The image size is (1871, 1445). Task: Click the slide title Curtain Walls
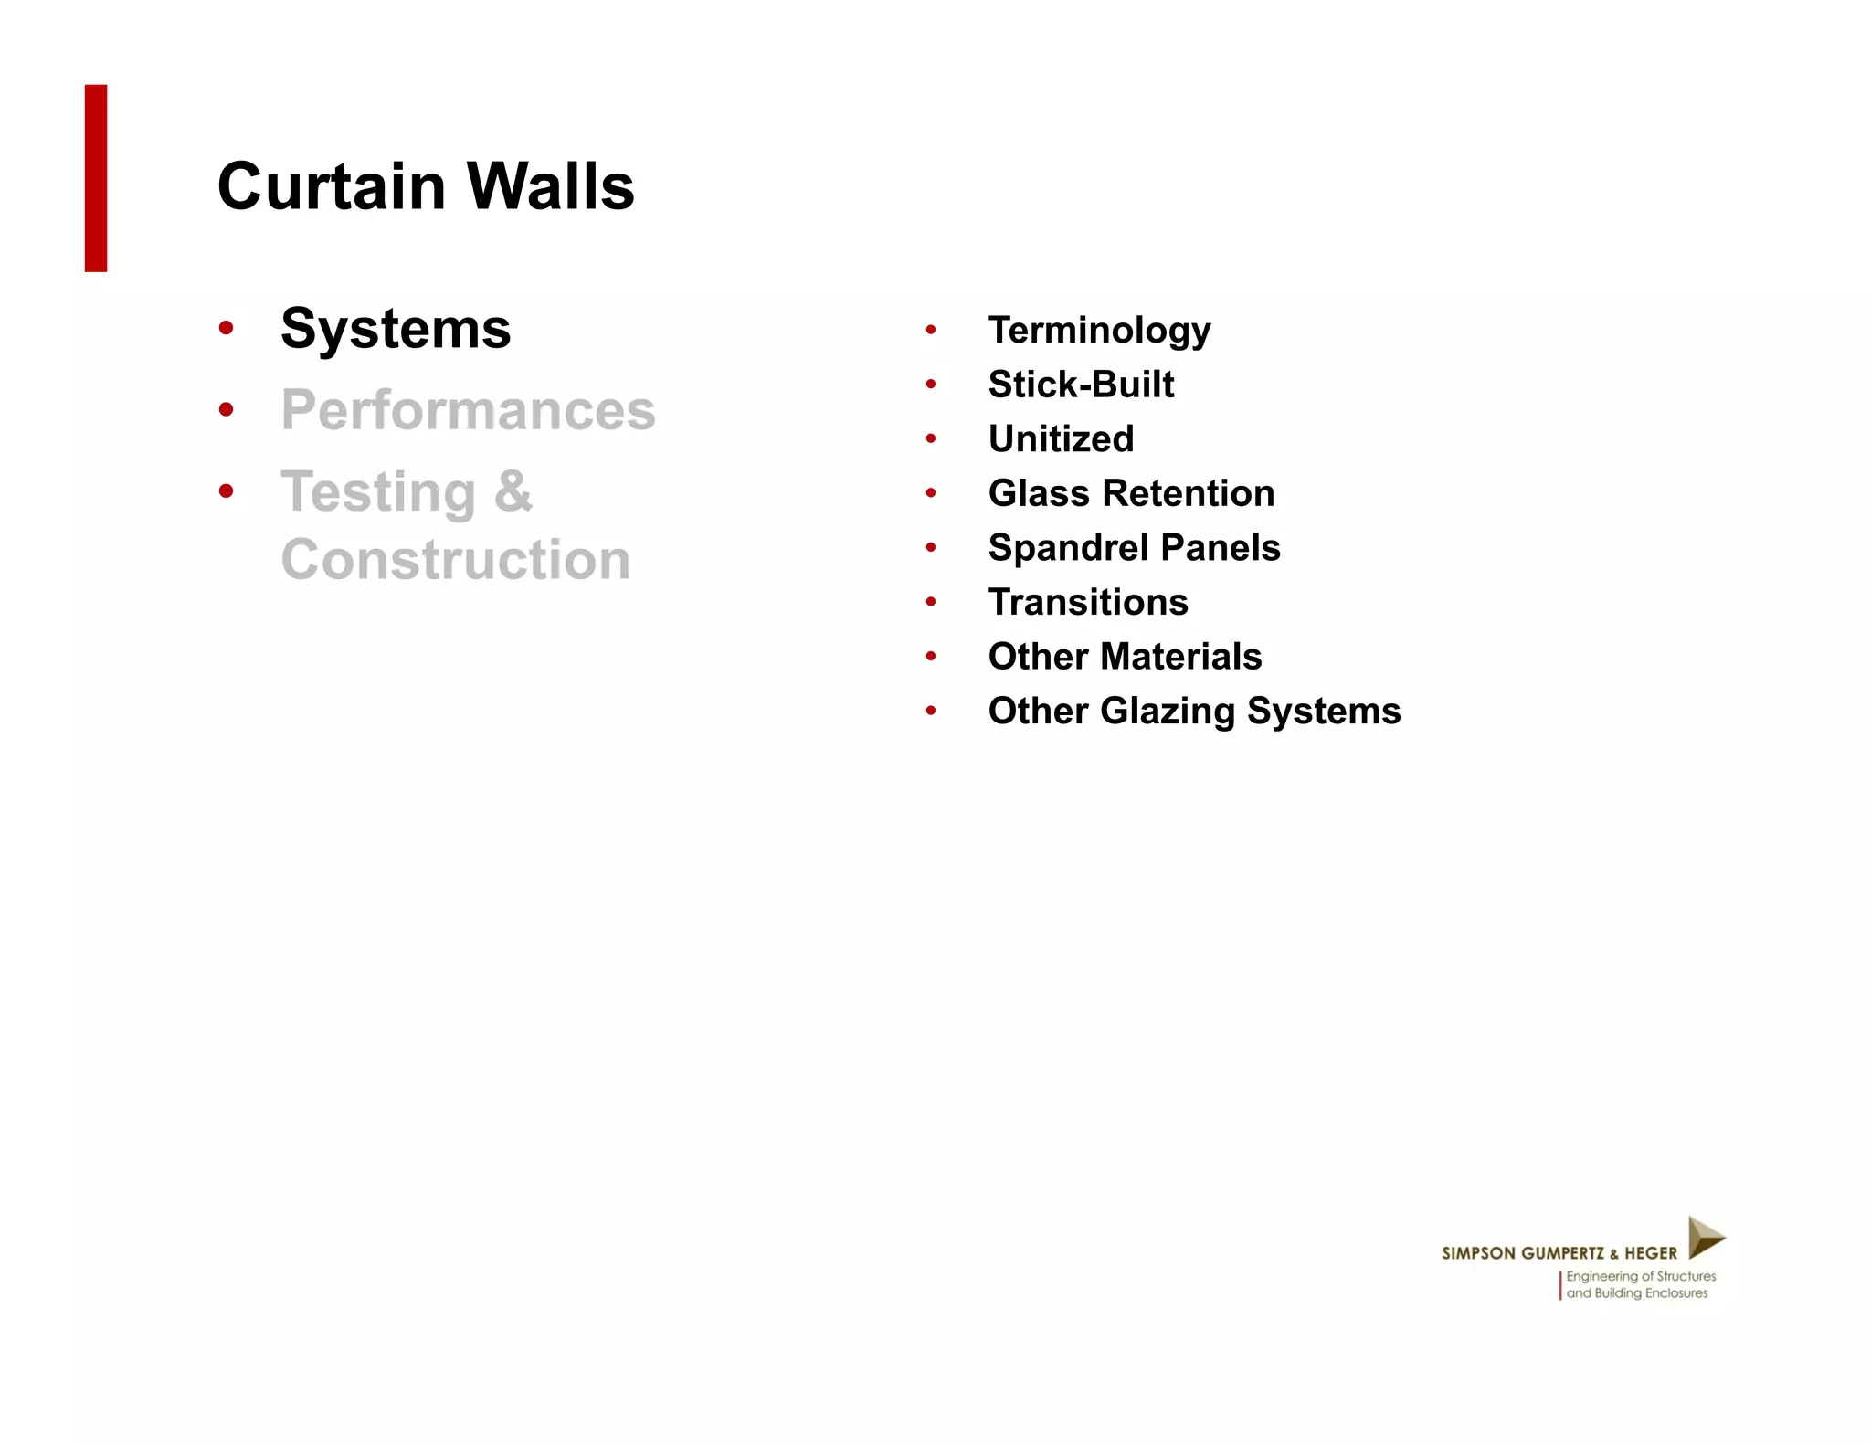[x=426, y=186]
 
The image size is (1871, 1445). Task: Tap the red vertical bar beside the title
[x=96, y=178]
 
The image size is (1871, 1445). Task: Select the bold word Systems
[x=396, y=329]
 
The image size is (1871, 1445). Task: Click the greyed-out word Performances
[x=468, y=410]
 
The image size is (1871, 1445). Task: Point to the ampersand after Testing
[x=513, y=491]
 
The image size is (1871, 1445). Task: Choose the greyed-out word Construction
[x=455, y=559]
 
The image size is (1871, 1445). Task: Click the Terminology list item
[x=1099, y=331]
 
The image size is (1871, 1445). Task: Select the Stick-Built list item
[x=1081, y=385]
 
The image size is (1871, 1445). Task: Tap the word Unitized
[x=1061, y=439]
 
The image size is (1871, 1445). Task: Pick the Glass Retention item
[x=1131, y=493]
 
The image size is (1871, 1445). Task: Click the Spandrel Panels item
[x=1134, y=548]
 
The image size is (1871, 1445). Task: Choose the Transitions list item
[x=1088, y=602]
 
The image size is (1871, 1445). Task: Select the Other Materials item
[x=1125, y=657]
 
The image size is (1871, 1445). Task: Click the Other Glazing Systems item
[x=1194, y=711]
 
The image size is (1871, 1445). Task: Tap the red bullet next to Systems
[x=227, y=328]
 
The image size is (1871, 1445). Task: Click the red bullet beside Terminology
[x=930, y=330]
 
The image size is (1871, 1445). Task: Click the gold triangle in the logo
[x=1704, y=1238]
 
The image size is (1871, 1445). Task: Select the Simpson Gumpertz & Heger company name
[x=1559, y=1253]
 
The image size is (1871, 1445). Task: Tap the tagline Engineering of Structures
[x=1641, y=1276]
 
